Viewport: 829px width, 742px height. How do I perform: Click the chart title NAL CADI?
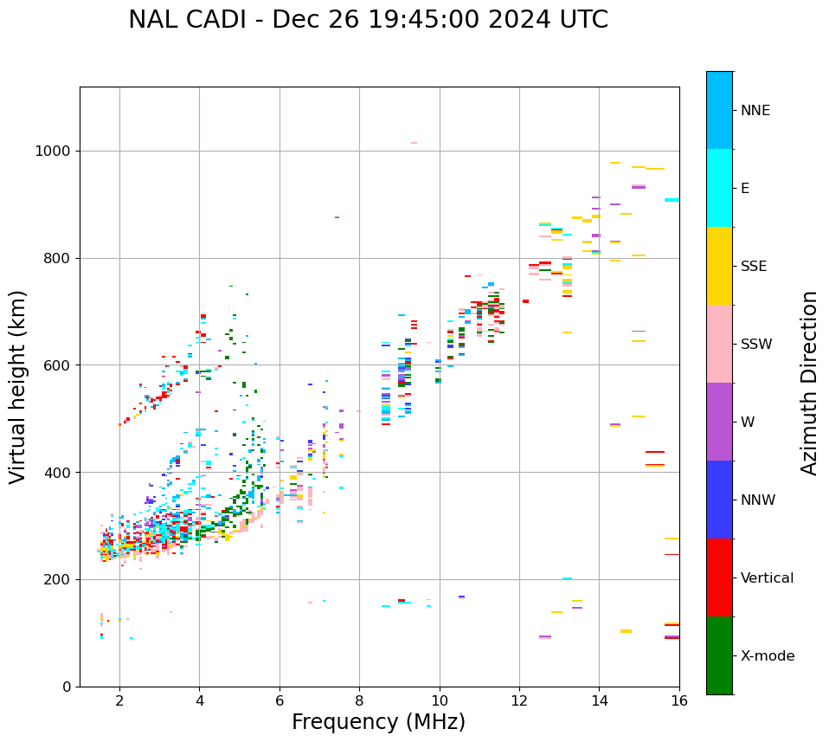pos(368,20)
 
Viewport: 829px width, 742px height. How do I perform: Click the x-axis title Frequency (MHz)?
pos(378,722)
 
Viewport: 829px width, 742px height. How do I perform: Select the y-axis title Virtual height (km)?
pos(18,387)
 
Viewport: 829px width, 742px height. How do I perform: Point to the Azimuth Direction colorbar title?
pos(809,383)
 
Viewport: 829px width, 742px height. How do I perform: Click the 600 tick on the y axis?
pos(57,365)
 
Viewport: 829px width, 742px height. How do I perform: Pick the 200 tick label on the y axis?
pos(57,579)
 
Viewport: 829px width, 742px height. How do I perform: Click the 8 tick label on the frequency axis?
pos(359,700)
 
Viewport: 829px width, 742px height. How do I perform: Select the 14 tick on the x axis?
pos(599,700)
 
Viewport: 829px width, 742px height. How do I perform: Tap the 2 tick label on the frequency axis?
pos(119,700)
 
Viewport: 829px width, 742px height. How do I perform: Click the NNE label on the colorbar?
pos(755,111)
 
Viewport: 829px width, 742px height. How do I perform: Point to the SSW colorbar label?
pos(756,345)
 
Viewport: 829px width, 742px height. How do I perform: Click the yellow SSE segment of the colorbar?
pos(719,266)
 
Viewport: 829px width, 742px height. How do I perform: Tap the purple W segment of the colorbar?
pos(719,422)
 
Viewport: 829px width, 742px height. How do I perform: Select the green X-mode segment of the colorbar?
pos(719,655)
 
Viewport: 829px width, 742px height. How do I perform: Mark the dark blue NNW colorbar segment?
pos(719,500)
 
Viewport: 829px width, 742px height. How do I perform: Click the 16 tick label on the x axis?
pos(679,700)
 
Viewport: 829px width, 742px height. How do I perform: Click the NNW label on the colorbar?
pos(757,500)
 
